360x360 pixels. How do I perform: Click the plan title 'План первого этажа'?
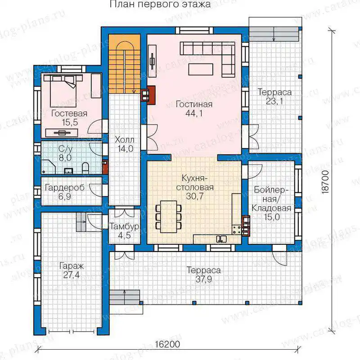point(160,4)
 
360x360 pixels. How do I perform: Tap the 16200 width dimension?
point(167,344)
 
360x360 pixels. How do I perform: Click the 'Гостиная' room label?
point(194,104)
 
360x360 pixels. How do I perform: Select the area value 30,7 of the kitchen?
point(194,196)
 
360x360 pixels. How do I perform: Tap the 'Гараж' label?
point(72,266)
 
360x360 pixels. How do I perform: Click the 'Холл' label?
point(125,139)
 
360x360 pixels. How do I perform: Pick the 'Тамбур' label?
point(124,226)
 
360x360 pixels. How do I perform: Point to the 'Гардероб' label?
point(65,188)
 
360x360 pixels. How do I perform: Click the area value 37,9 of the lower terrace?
point(204,279)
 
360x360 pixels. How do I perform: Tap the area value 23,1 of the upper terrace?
point(274,101)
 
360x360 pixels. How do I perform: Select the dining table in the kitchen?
point(168,217)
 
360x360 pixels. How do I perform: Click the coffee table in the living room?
point(201,69)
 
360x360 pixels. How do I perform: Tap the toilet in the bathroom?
point(85,168)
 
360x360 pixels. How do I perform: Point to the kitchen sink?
point(221,239)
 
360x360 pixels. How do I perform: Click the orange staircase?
point(124,64)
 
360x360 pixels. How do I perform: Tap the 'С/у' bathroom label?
point(65,149)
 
